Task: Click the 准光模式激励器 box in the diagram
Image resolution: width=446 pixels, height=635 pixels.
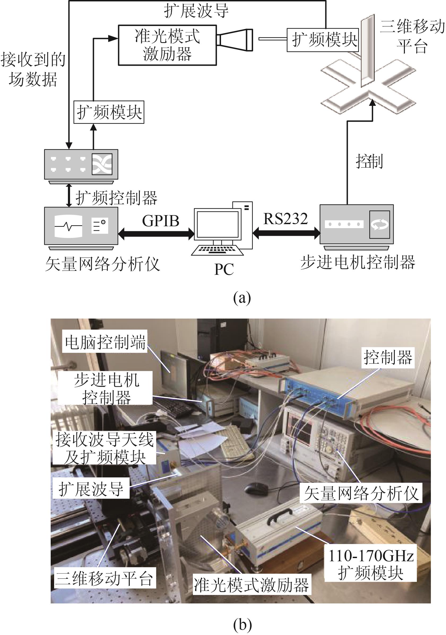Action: click(167, 45)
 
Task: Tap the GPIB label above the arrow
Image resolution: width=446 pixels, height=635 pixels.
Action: click(161, 221)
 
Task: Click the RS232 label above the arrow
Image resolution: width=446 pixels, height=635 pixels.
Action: click(285, 219)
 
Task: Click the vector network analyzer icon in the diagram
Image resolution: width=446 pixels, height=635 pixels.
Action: click(81, 226)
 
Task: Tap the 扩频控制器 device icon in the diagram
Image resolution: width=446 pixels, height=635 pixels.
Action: click(81, 164)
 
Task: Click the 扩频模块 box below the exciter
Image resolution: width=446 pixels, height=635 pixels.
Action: click(109, 112)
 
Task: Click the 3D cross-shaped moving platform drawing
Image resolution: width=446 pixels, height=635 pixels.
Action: click(368, 83)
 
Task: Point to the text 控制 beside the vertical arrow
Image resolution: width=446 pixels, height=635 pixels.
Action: click(369, 161)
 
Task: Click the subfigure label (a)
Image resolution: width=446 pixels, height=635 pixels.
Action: click(242, 298)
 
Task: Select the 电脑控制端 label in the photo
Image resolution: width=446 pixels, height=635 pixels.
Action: click(105, 342)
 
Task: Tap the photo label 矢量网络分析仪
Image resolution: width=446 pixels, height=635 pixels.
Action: click(361, 493)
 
